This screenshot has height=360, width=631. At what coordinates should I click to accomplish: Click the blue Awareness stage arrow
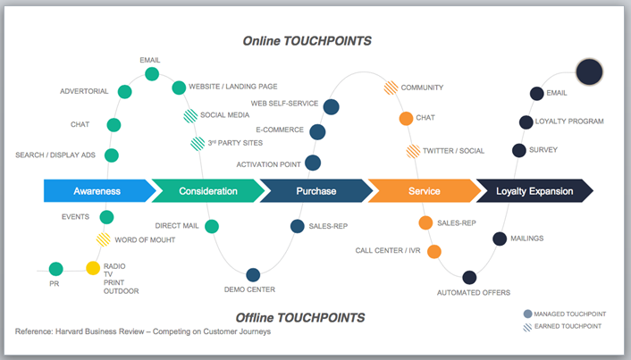[97, 191]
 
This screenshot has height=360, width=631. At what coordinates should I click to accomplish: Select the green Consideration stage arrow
[207, 191]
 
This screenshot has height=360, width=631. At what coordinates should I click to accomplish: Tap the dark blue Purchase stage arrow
[315, 191]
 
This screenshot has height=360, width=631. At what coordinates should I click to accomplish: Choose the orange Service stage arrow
[424, 191]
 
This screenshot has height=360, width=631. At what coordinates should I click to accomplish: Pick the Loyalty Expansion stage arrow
[534, 191]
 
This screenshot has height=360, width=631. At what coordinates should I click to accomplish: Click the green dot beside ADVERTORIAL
[125, 91]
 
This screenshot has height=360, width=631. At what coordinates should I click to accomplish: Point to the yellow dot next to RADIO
[93, 268]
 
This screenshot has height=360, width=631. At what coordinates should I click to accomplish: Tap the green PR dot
[56, 268]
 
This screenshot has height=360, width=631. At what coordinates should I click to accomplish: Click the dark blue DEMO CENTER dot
[253, 275]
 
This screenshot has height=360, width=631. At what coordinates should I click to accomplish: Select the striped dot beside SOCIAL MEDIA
[190, 115]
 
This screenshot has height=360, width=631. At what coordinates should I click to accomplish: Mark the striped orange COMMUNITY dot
[391, 88]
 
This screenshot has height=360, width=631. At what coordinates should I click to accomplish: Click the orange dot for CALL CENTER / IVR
[434, 251]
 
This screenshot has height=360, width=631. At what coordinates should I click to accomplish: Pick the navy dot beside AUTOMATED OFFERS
[469, 277]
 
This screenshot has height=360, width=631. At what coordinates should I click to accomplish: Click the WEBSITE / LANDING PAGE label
[232, 87]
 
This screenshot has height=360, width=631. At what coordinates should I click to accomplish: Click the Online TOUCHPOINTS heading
[307, 41]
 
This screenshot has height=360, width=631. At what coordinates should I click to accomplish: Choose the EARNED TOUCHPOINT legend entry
[568, 327]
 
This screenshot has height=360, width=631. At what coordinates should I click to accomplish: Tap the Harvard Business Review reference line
[143, 331]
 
